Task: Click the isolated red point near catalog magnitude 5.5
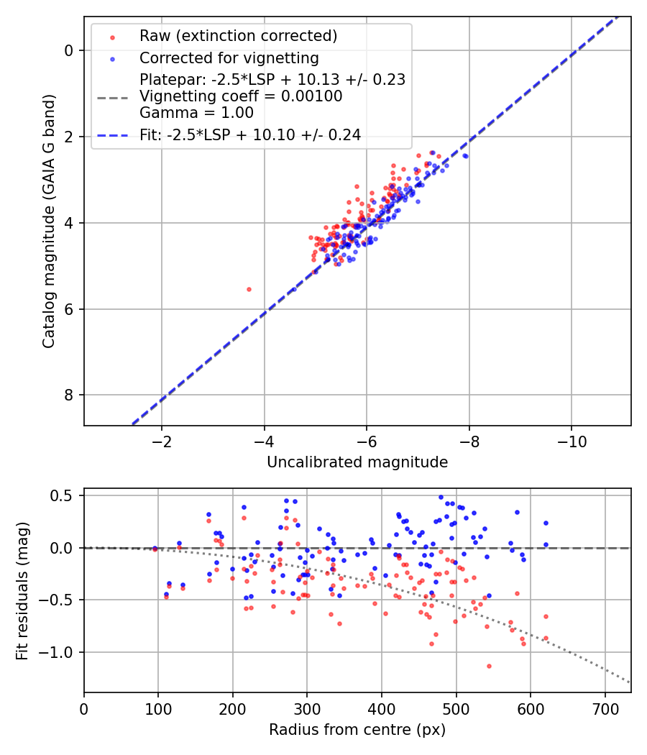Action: pyautogui.click(x=249, y=289)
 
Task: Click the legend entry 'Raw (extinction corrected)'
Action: pyautogui.click(x=238, y=36)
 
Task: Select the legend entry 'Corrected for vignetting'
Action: pyautogui.click(x=229, y=58)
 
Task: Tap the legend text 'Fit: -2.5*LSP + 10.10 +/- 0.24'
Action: pyautogui.click(x=249, y=134)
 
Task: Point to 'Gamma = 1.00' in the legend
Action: pyautogui.click(x=196, y=112)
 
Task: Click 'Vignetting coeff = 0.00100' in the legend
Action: pyautogui.click(x=241, y=96)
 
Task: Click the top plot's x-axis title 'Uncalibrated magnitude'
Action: pyautogui.click(x=357, y=462)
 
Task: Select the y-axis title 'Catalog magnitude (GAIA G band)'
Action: pyautogui.click(x=48, y=222)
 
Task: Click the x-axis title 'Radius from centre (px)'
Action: pyautogui.click(x=357, y=729)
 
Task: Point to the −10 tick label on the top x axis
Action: pyautogui.click(x=572, y=440)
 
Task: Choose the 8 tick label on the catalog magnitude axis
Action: pyautogui.click(x=69, y=395)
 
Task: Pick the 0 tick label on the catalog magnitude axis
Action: pyautogui.click(x=69, y=50)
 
